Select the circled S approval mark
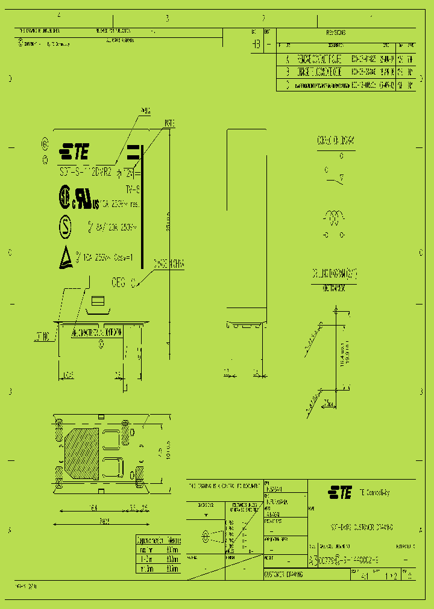click(x=63, y=227)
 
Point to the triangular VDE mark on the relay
click(x=64, y=259)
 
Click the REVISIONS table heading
click(x=336, y=33)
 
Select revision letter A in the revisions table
click(x=288, y=60)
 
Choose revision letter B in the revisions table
click(x=288, y=72)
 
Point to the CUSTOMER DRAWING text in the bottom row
click(x=284, y=575)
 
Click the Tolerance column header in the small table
click(x=173, y=540)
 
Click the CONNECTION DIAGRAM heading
click(x=335, y=140)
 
